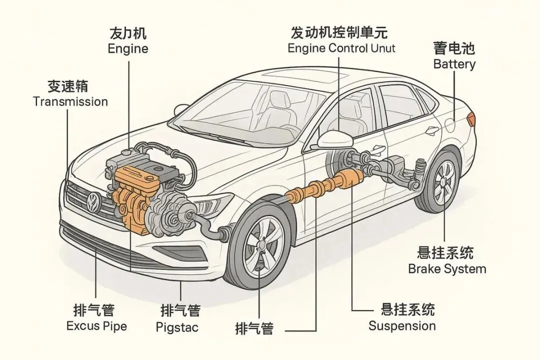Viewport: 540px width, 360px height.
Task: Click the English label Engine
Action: pyautogui.click(x=128, y=49)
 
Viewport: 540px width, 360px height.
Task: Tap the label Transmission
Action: pyautogui.click(x=70, y=102)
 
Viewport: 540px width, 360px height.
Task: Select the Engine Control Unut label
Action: pyautogui.click(x=341, y=48)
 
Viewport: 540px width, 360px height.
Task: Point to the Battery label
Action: pyautogui.click(x=454, y=64)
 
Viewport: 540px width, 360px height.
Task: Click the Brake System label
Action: pyautogui.click(x=447, y=269)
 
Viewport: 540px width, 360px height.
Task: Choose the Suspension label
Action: pyautogui.click(x=402, y=326)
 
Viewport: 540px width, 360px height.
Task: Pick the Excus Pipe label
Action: pyautogui.click(x=96, y=326)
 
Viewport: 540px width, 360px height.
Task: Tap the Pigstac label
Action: pyautogui.click(x=177, y=328)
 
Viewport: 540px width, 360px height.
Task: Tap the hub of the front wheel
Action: pyautogui.click(x=260, y=245)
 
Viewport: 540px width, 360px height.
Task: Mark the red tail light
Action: pyautogui.click(x=470, y=119)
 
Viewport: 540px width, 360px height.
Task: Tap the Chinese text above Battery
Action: pyautogui.click(x=454, y=48)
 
